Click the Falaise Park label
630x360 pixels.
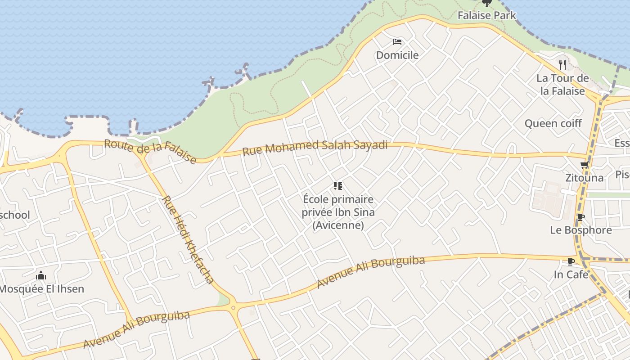point(486,16)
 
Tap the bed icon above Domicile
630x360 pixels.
point(397,42)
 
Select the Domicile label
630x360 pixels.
point(397,55)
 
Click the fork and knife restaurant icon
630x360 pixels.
point(562,64)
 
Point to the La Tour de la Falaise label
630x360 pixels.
point(562,85)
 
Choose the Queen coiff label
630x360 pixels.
point(553,123)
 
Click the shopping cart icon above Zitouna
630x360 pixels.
point(585,165)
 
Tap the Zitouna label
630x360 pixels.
point(585,178)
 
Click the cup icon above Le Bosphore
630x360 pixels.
point(581,217)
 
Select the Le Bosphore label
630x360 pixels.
point(581,230)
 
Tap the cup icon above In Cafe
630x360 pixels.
point(571,261)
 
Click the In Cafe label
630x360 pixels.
point(571,274)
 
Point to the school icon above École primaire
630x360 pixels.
point(338,186)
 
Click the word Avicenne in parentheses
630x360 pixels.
point(338,225)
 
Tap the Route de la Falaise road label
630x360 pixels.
point(150,152)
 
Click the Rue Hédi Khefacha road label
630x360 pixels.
point(188,239)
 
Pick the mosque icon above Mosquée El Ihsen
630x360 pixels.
point(41,275)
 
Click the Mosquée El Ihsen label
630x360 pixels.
point(41,289)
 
